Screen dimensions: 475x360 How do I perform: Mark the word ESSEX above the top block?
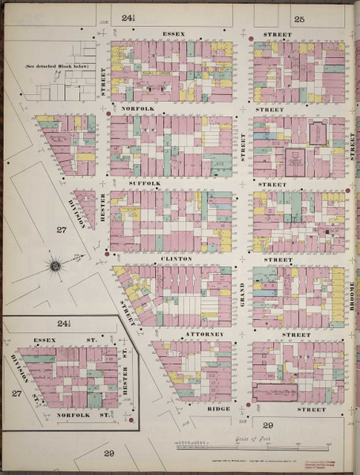[x=172, y=35]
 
